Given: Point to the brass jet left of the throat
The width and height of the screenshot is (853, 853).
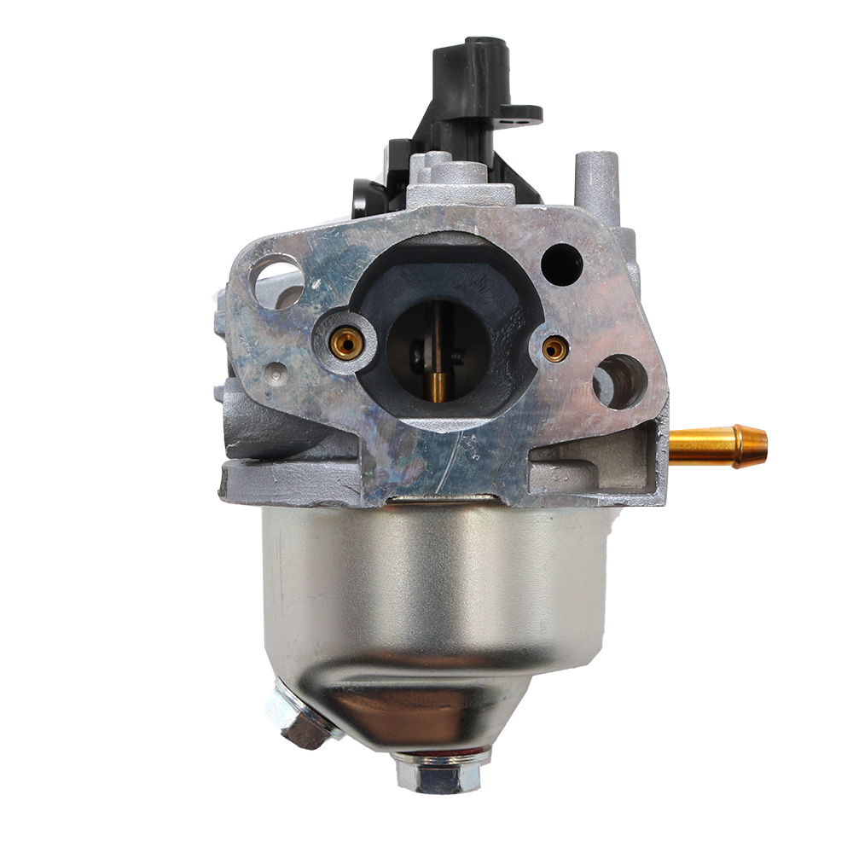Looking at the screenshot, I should tap(345, 343).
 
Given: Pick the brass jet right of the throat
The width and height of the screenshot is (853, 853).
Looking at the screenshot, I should tap(555, 346).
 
